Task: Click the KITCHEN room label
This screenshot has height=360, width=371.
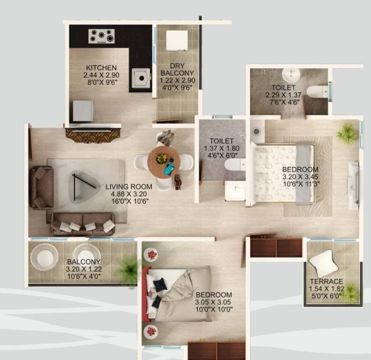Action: pyautogui.click(x=101, y=68)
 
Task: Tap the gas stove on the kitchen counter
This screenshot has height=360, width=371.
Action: pyautogui.click(x=102, y=36)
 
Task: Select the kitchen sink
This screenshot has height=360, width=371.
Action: pyautogui.click(x=140, y=78)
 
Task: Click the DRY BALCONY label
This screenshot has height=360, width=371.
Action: pyautogui.click(x=177, y=69)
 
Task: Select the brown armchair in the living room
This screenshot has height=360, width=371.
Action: pyautogui.click(x=42, y=187)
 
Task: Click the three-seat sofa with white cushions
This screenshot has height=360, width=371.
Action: pyautogui.click(x=83, y=224)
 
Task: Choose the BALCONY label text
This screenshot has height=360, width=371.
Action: pyautogui.click(x=83, y=262)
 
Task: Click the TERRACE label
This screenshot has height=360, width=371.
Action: pyautogui.click(x=326, y=282)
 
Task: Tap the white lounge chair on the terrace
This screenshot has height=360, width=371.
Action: pyautogui.click(x=323, y=262)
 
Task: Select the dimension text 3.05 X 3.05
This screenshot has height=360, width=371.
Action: pyautogui.click(x=214, y=302)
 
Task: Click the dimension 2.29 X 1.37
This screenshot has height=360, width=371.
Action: pyautogui.click(x=283, y=95)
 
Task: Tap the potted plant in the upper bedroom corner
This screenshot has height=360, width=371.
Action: pyautogui.click(x=347, y=133)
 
